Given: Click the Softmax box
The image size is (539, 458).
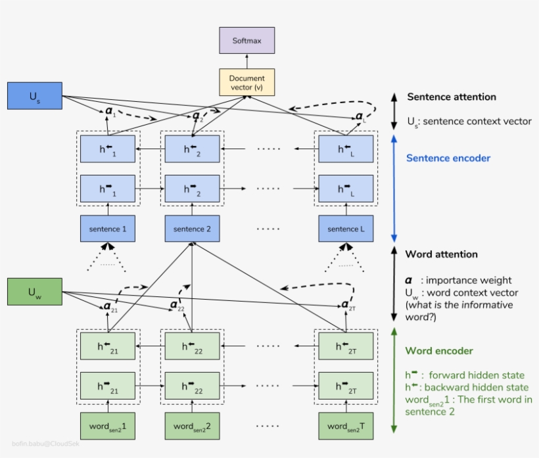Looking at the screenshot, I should (246, 41).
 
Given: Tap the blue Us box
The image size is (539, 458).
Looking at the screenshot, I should (34, 96).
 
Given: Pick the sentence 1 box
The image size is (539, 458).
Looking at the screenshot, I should (108, 229).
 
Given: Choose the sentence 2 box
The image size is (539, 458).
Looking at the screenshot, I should (192, 229).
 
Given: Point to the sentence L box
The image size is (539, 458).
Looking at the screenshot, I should (346, 229).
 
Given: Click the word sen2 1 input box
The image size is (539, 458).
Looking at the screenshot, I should (108, 426).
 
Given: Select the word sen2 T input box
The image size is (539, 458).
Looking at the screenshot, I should (346, 426).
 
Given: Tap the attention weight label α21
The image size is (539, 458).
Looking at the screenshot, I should (110, 307).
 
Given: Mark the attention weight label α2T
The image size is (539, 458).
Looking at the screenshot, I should (348, 306).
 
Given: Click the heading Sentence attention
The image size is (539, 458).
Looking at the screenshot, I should (451, 97).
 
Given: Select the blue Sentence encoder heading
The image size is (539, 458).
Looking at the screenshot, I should (448, 158).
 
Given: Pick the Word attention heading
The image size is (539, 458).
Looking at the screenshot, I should (441, 254).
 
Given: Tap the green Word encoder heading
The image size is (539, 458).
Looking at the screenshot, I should (438, 351).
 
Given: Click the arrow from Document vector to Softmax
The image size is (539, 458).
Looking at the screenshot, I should (246, 61).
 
